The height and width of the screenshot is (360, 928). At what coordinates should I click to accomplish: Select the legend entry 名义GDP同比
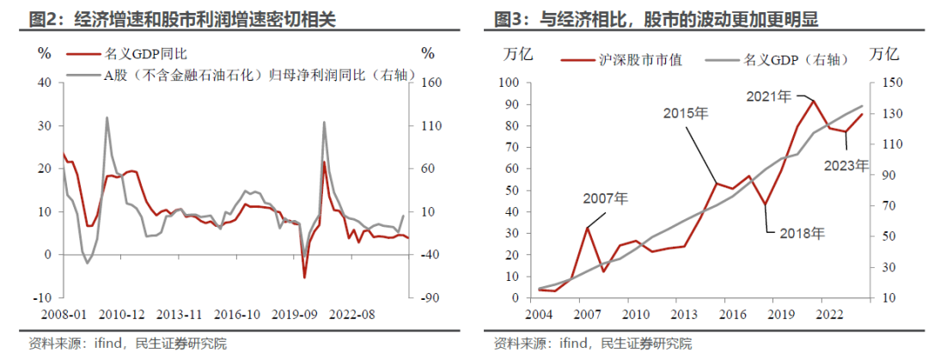[126, 54]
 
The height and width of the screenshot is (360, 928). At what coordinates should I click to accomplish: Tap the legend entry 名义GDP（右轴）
[778, 60]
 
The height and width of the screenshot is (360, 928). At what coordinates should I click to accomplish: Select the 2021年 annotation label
[768, 96]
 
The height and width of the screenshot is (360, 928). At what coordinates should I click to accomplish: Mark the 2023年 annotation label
[846, 166]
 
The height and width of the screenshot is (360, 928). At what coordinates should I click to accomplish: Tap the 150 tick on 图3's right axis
[887, 82]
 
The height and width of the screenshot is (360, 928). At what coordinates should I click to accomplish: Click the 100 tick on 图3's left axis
[509, 82]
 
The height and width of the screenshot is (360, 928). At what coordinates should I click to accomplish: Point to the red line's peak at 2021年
[813, 101]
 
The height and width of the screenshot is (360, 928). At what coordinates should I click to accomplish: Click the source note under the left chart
[127, 344]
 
